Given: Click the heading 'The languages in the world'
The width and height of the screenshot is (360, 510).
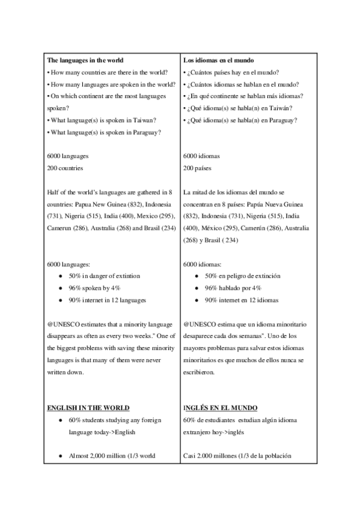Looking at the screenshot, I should pyautogui.click(x=85, y=61).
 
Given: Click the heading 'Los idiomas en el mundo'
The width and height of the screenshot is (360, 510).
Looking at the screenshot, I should pyautogui.click(x=219, y=61).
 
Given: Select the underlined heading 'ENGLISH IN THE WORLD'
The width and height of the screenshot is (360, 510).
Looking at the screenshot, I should pyautogui.click(x=88, y=408).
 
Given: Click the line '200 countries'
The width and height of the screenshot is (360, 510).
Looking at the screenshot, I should pyautogui.click(x=65, y=168).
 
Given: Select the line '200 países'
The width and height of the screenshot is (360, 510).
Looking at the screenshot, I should pyautogui.click(x=198, y=168).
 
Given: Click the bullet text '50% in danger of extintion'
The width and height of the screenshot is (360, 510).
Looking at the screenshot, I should pyautogui.click(x=104, y=275).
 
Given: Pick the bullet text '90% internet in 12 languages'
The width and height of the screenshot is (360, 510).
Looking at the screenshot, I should pyautogui.click(x=107, y=300).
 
